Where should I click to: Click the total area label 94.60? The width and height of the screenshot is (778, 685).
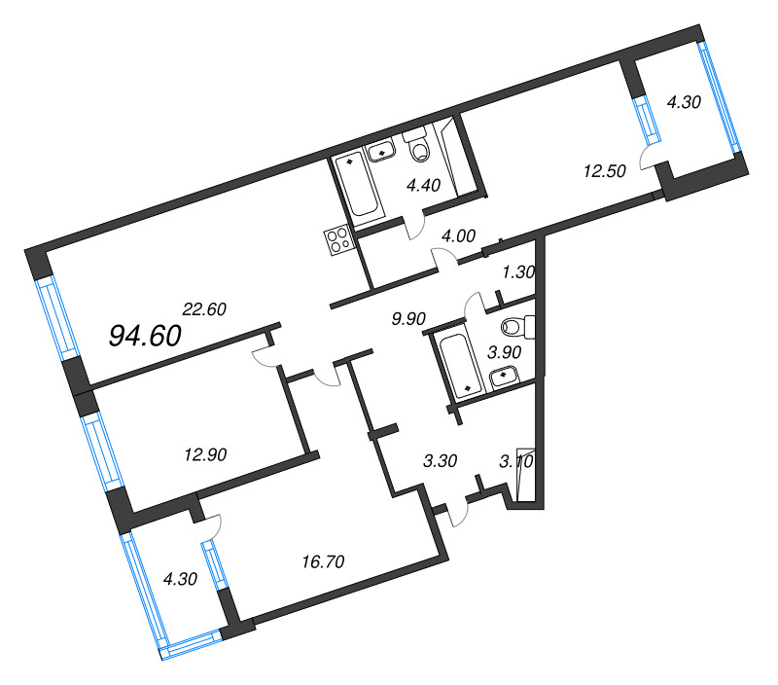(x=145, y=336)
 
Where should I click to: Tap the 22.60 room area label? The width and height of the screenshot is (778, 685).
(x=204, y=309)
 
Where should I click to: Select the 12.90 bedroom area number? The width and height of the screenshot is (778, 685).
(x=205, y=454)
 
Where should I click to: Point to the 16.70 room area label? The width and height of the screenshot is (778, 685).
(x=323, y=561)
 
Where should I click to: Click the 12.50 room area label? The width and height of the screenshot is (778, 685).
(x=604, y=171)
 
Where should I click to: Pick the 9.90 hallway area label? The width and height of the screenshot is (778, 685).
(x=408, y=319)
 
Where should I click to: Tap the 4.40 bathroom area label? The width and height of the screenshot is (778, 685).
(x=423, y=185)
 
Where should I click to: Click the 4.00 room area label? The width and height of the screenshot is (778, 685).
(x=458, y=235)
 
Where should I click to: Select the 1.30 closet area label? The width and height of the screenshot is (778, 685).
(x=518, y=271)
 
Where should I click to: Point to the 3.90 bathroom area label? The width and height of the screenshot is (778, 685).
(x=504, y=352)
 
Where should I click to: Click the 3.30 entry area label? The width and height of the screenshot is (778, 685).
(x=441, y=460)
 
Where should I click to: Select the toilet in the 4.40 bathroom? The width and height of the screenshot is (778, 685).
(x=418, y=144)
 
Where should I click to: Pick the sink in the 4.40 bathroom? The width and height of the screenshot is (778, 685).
(x=381, y=151)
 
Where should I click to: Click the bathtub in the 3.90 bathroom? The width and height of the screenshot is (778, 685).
(x=460, y=365)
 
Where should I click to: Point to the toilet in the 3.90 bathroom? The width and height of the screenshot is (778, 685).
(x=518, y=327)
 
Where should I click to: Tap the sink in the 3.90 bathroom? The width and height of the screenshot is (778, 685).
(x=504, y=378)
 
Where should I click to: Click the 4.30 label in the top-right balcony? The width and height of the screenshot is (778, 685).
(x=684, y=102)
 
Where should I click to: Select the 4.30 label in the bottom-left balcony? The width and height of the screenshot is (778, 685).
(x=180, y=579)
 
